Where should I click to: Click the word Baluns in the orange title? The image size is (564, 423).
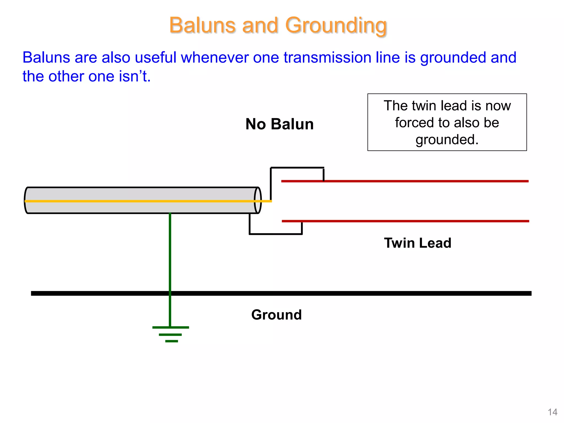pos(202,25)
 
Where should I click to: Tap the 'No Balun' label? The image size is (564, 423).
pos(279,124)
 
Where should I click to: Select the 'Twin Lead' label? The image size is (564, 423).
pos(417,243)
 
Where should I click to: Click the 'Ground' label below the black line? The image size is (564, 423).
pos(276,314)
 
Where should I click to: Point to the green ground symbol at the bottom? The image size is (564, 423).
pos(171,334)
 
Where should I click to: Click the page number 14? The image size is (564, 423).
pos(552,412)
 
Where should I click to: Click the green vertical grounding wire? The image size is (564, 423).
pos(170,253)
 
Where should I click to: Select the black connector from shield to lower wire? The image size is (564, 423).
pos(275,234)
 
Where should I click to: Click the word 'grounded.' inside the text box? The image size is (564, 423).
pos(447,140)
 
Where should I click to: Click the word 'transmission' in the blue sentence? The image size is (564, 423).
pos(327,58)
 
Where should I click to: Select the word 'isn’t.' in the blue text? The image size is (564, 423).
pos(135,76)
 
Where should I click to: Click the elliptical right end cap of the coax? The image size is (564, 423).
pos(258,200)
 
